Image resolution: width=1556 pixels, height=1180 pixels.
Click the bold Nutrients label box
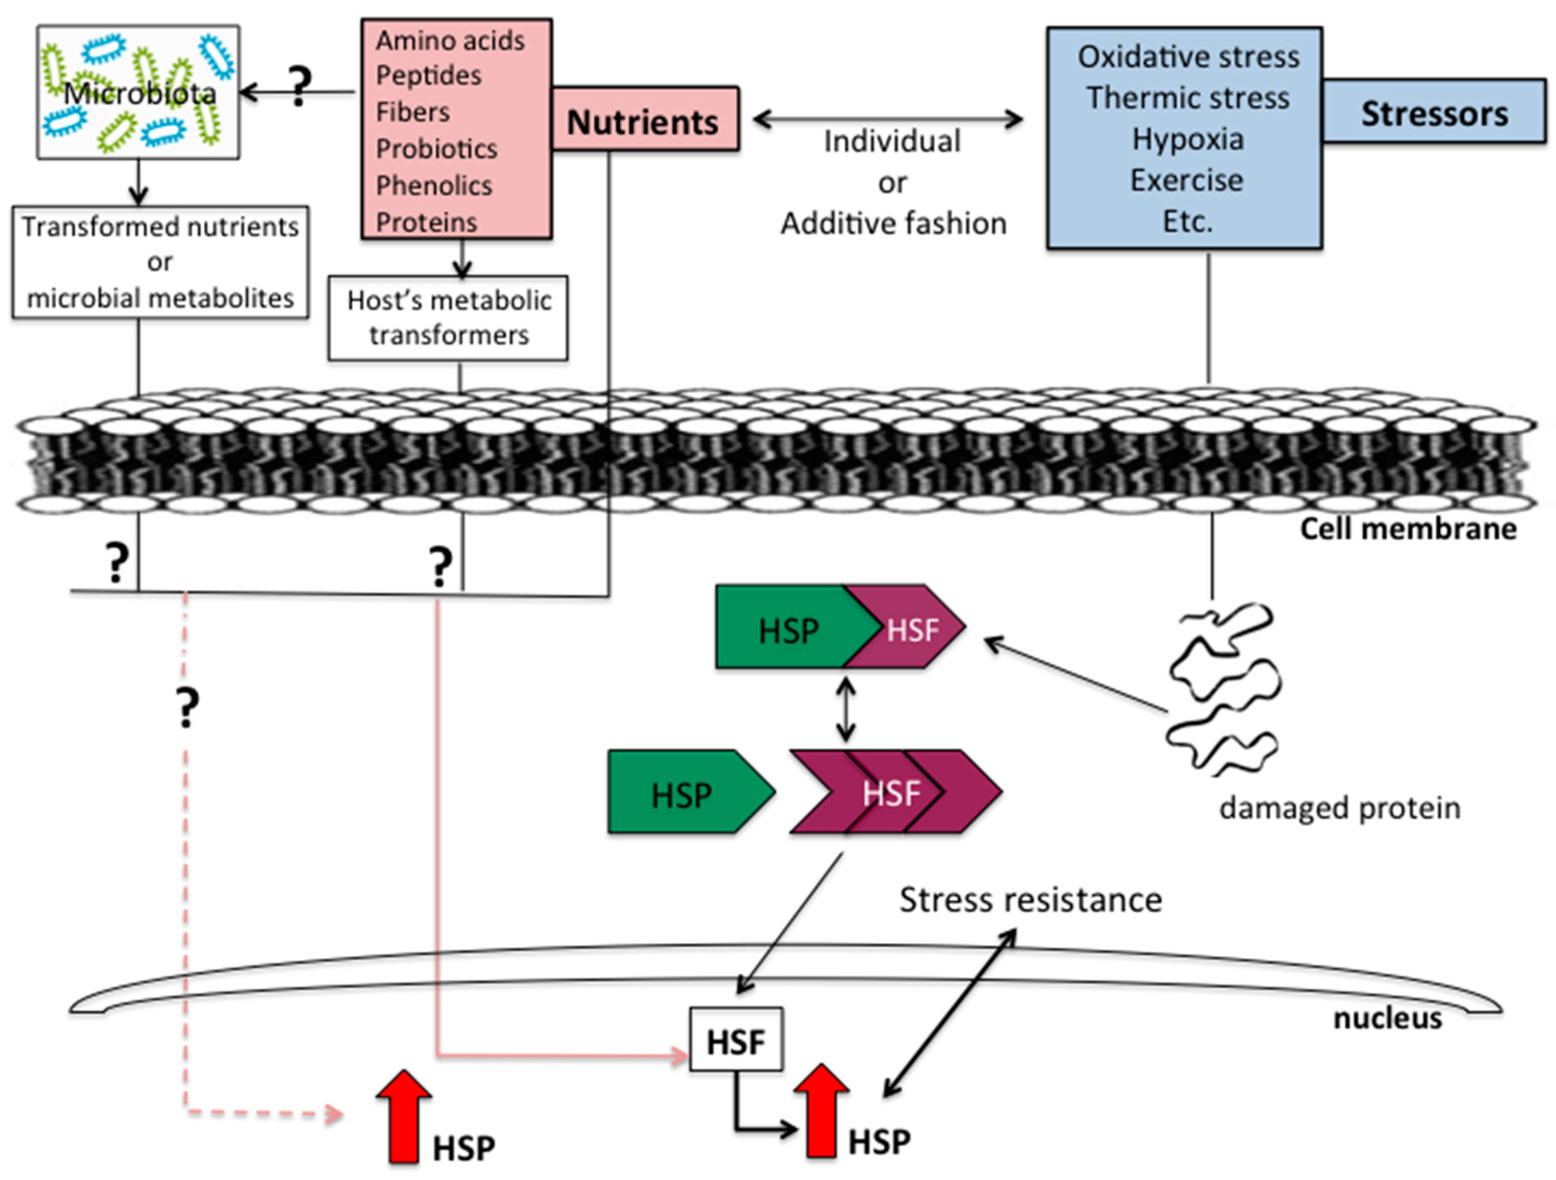(x=644, y=120)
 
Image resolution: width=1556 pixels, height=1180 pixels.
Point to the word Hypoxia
(x=1188, y=139)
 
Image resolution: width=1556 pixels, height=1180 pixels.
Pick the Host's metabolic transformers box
(x=448, y=318)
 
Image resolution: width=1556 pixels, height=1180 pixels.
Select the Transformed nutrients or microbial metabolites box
(x=161, y=263)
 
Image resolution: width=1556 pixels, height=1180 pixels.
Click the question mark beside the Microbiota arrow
(x=300, y=86)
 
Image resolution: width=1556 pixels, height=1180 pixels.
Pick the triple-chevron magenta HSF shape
(x=893, y=792)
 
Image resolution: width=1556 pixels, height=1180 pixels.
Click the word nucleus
(x=1387, y=1018)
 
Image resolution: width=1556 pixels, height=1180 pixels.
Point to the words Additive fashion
(x=893, y=224)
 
